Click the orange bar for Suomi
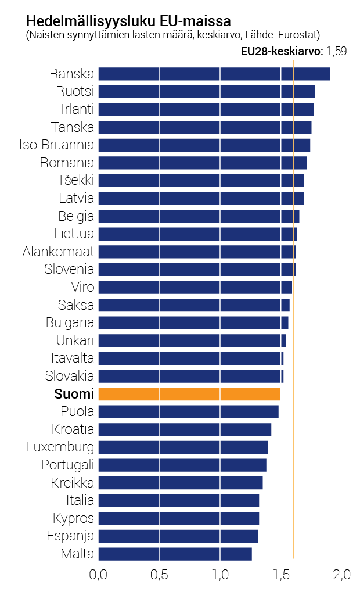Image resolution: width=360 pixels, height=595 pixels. [x=189, y=394]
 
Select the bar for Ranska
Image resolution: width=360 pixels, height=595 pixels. [x=214, y=74]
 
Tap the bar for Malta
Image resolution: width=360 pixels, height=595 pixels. [x=175, y=554]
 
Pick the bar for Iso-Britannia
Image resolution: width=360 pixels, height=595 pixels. [x=204, y=145]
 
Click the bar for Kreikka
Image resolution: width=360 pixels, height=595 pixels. [x=180, y=483]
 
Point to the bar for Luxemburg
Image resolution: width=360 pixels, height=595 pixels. [x=182, y=447]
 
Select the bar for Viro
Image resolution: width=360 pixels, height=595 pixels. [x=195, y=287]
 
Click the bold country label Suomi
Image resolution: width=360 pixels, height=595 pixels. [x=74, y=394]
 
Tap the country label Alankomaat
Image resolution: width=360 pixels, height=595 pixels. [x=58, y=252]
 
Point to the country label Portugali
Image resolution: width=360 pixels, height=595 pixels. [x=67, y=465]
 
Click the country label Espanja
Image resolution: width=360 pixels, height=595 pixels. [x=70, y=536]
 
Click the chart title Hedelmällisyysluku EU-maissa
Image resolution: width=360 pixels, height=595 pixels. [x=128, y=21]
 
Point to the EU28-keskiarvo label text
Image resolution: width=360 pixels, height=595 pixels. [x=282, y=51]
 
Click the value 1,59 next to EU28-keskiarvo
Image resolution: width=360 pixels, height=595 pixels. [x=337, y=51]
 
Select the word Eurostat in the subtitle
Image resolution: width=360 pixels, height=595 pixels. [x=298, y=35]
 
